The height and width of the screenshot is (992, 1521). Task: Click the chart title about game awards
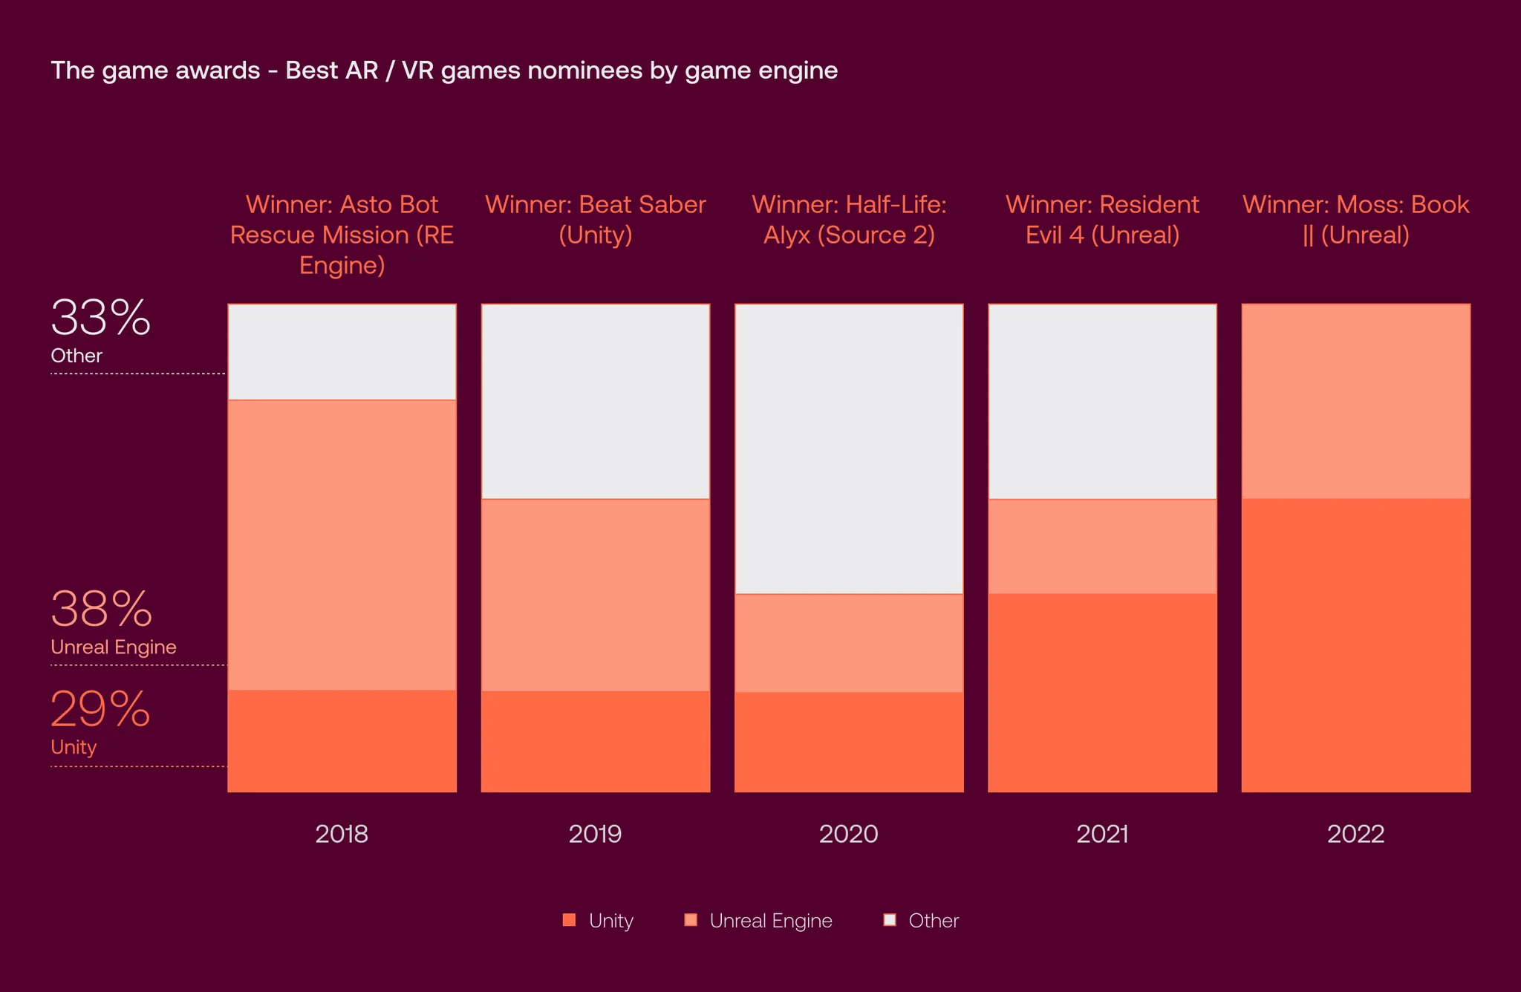(x=444, y=71)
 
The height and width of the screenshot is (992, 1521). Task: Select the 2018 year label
(x=342, y=834)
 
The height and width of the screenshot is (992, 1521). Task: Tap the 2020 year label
(x=849, y=834)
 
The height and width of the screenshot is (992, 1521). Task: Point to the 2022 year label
(x=1356, y=834)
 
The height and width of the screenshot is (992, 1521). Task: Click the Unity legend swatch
(x=570, y=920)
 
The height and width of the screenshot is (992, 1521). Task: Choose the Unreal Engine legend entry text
(x=771, y=921)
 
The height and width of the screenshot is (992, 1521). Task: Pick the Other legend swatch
(x=890, y=920)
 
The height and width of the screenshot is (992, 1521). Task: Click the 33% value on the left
(x=101, y=318)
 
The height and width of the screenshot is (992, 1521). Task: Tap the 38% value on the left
(x=102, y=609)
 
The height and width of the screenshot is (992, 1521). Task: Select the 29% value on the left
(x=101, y=709)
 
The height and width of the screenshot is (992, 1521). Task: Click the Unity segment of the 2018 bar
(x=342, y=741)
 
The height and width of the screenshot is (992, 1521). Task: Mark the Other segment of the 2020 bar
(x=849, y=449)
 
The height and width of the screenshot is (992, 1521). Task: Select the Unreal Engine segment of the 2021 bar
(x=1103, y=546)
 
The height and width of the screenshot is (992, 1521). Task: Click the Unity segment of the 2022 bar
(x=1356, y=645)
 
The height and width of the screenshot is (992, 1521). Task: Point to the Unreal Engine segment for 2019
(x=596, y=595)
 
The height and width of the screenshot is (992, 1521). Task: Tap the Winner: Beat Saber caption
(x=596, y=220)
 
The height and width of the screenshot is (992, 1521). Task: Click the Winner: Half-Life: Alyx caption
(x=849, y=220)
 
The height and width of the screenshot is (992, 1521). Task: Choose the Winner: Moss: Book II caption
(x=1356, y=220)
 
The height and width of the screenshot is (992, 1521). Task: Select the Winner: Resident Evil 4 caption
(x=1103, y=220)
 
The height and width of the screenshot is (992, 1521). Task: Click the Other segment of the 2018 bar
(x=342, y=352)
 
